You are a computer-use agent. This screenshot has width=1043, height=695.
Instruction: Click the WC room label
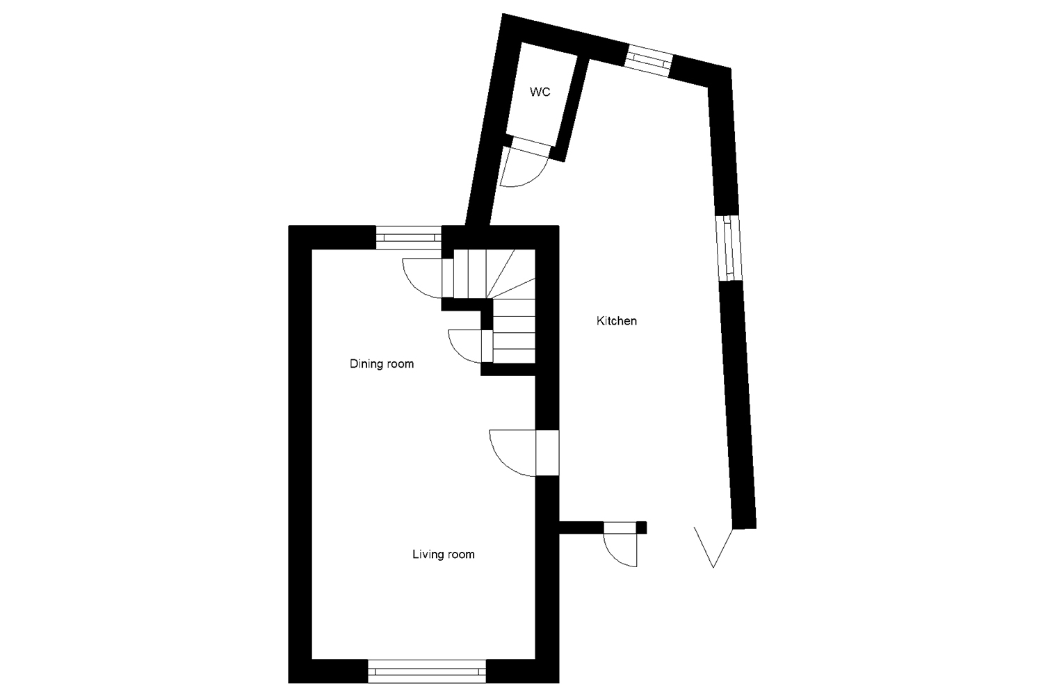point(540,92)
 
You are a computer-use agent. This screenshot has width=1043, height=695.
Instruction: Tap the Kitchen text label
point(616,321)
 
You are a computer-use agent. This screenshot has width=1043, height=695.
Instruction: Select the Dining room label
point(381,363)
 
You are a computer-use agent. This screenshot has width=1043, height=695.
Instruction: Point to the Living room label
point(443,554)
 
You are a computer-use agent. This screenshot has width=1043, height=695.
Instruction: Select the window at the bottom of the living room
point(426,671)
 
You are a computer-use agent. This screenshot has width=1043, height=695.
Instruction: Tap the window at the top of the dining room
point(409,238)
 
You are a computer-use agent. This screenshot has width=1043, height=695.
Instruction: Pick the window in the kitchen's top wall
point(649,59)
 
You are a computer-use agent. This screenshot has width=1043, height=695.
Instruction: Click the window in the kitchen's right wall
point(728,247)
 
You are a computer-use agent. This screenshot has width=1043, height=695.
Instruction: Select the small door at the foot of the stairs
point(471,345)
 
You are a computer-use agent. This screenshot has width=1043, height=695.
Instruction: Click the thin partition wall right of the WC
point(572,108)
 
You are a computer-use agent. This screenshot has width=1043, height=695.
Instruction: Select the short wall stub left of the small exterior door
point(581,528)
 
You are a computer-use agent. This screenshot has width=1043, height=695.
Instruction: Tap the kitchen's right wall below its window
point(738,403)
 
